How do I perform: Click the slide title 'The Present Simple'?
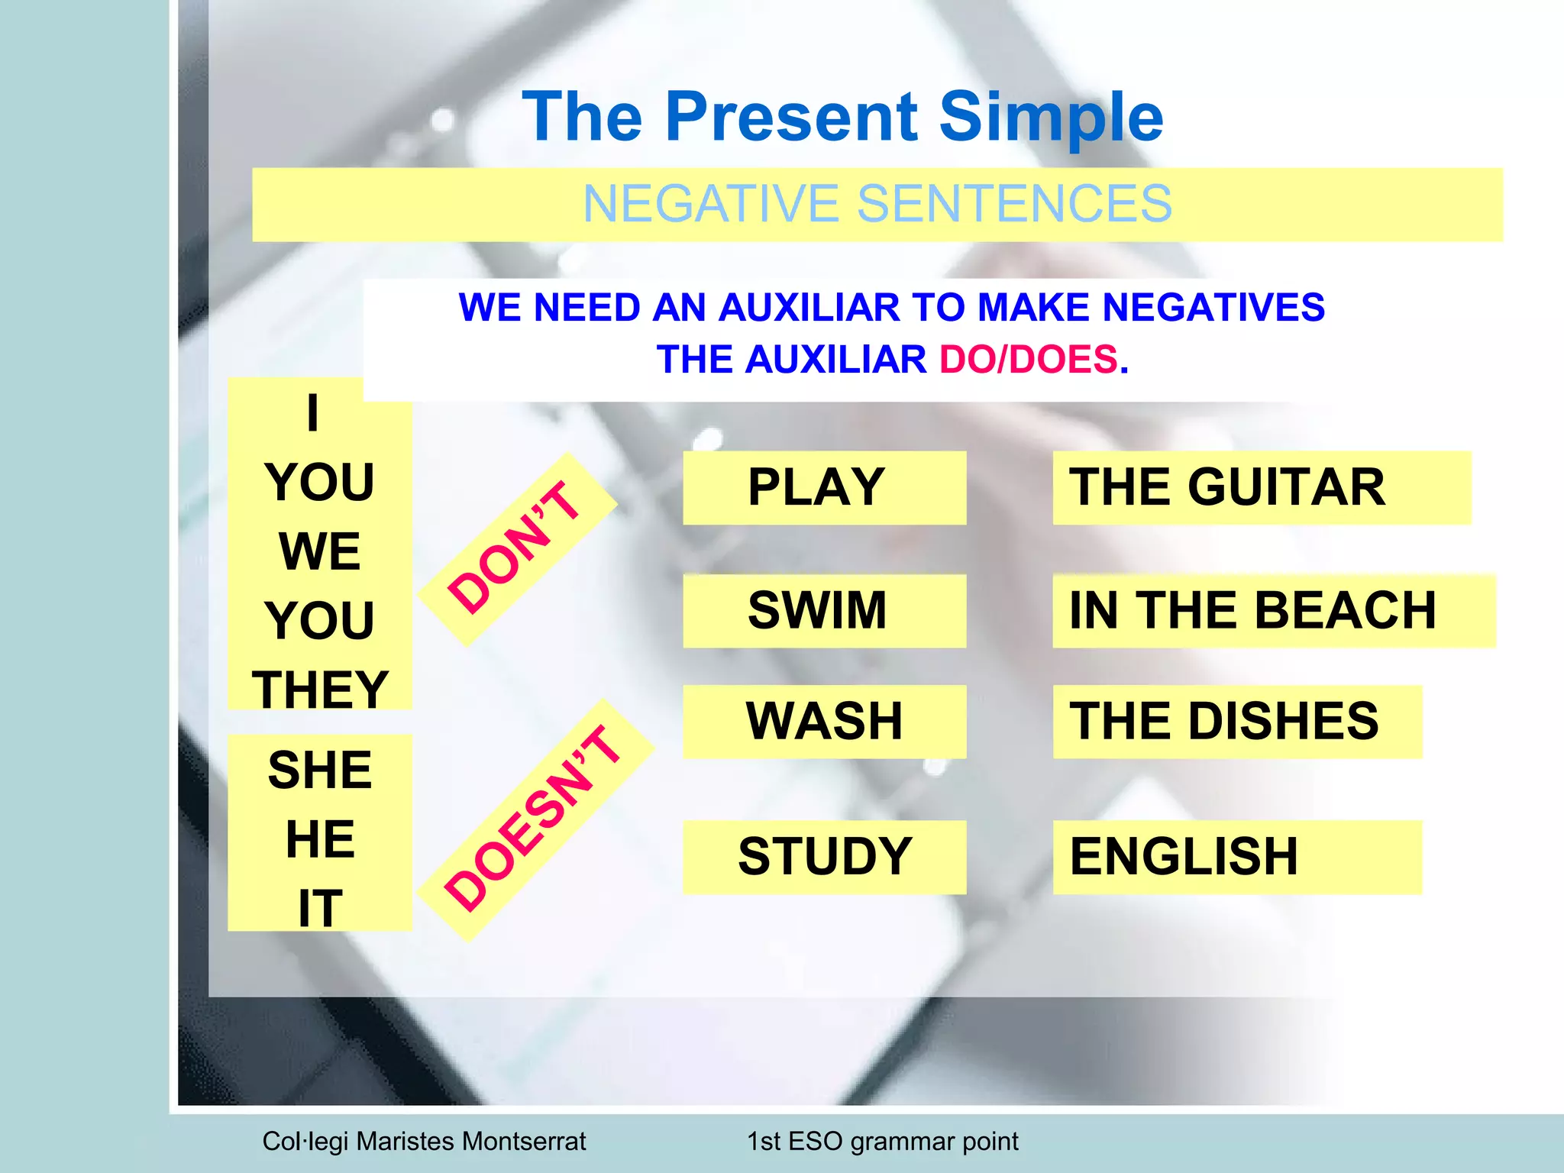click(842, 116)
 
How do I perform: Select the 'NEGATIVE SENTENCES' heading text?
click(877, 204)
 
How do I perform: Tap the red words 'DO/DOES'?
click(1028, 359)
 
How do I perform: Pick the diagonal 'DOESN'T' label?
click(533, 817)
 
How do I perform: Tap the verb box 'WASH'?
click(824, 721)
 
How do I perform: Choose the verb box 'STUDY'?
click(824, 856)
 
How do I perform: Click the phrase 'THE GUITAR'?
click(1226, 487)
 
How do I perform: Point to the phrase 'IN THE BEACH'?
click(1252, 610)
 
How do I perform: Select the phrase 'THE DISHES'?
click(1223, 721)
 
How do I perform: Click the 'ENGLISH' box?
click(1184, 856)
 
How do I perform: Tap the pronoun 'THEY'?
click(320, 689)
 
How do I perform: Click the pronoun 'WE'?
click(320, 551)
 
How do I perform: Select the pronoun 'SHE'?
click(320, 770)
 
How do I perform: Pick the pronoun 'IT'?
click(320, 908)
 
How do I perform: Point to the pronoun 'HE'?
click(320, 839)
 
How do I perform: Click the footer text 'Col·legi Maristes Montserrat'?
click(424, 1141)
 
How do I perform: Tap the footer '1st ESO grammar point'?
click(882, 1141)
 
